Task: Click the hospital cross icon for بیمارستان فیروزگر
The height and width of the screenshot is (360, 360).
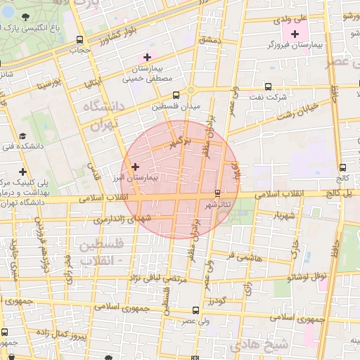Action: [294, 34]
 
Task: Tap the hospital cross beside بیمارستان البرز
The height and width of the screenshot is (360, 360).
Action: [136, 167]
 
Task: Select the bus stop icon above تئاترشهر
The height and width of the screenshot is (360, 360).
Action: [217, 193]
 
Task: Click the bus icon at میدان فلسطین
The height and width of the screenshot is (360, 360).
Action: [176, 94]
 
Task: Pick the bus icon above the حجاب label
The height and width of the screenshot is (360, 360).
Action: [79, 40]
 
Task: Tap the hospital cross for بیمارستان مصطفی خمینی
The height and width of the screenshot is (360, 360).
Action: [147, 57]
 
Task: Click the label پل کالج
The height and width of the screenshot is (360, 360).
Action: [342, 191]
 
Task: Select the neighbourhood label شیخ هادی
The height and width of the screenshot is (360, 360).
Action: [269, 344]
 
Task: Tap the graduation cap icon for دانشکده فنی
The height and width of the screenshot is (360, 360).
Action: [23, 136]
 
